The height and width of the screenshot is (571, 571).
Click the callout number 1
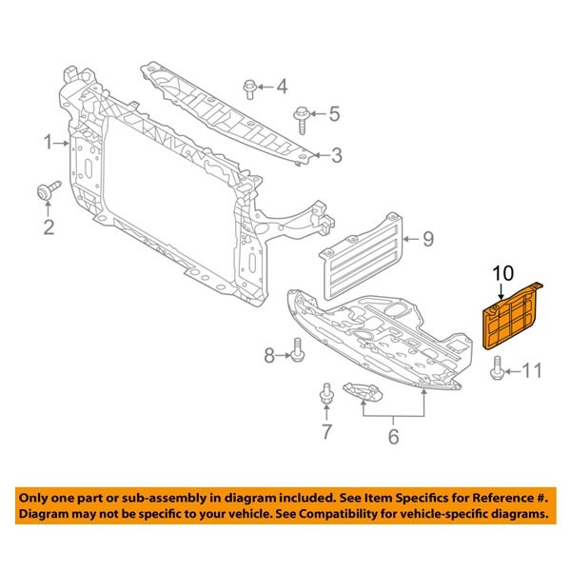pos(47,144)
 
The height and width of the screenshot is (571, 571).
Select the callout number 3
pos(336,154)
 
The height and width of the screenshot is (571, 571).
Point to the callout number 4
pos(282,89)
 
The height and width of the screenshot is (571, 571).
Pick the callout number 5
pos(334,115)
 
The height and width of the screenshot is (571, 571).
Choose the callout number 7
pos(326,434)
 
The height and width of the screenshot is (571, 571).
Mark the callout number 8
pos(269,356)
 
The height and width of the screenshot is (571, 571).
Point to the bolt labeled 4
pos(249,88)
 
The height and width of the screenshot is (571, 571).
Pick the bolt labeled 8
pos(297,351)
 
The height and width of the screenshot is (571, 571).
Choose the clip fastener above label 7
pos(326,392)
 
